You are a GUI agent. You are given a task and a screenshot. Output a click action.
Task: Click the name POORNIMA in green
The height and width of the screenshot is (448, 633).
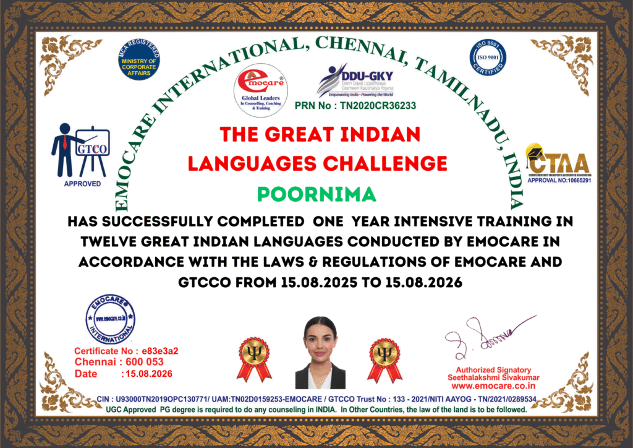316,194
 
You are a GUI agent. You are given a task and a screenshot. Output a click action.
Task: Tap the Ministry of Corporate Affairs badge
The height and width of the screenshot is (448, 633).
138,60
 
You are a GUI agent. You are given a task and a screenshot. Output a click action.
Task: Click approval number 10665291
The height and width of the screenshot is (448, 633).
559,181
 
